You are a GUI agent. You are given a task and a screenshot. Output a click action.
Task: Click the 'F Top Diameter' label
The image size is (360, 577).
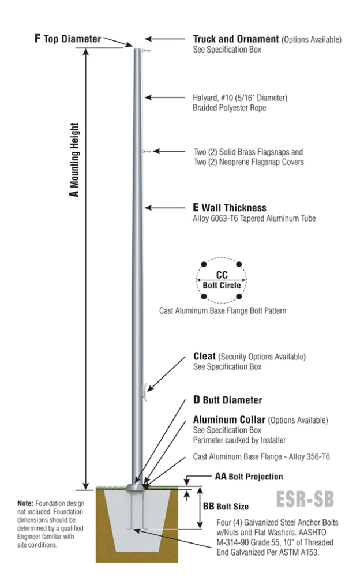(x=67, y=39)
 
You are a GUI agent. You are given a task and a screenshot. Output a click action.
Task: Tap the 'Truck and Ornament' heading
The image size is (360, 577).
(x=235, y=39)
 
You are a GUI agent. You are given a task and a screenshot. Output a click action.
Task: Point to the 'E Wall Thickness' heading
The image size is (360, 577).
(x=230, y=208)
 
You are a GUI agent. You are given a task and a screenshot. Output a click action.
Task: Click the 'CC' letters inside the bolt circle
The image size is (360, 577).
(x=222, y=275)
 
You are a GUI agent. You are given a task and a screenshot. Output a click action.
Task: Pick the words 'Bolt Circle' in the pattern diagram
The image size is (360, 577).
(x=222, y=285)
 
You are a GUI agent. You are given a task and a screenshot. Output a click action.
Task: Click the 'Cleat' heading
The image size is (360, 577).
(x=204, y=357)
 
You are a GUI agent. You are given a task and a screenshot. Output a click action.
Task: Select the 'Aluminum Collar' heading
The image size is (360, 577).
(x=229, y=419)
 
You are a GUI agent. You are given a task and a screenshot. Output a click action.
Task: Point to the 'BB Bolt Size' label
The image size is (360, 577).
(x=226, y=506)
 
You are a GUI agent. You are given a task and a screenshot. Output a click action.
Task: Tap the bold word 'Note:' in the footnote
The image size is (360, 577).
(x=26, y=504)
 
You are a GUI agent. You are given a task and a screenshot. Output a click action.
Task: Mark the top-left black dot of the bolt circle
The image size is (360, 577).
(x=204, y=265)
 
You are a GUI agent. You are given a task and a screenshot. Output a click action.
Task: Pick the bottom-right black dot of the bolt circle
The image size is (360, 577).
(x=239, y=297)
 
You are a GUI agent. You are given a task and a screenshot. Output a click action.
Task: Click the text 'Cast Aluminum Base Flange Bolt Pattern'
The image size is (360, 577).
(x=223, y=310)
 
